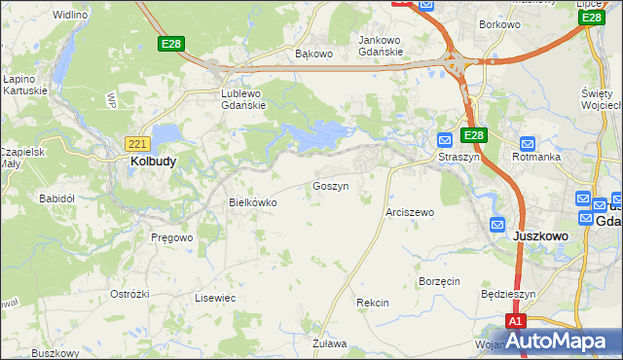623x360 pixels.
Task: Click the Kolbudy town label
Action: click(x=153, y=162)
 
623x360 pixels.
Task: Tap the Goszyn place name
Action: click(x=330, y=185)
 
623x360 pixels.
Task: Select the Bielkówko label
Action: click(x=253, y=202)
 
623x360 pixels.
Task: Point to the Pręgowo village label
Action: click(x=171, y=236)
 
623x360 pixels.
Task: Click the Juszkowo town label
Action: click(x=540, y=235)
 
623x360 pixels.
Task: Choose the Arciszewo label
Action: click(x=410, y=211)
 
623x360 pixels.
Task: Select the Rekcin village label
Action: click(x=373, y=303)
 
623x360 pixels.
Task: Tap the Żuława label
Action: click(x=330, y=343)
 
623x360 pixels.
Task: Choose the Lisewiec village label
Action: click(x=215, y=298)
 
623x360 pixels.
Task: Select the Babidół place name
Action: click(x=56, y=198)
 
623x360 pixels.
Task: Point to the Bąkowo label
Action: click(x=313, y=54)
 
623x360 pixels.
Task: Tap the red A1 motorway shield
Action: click(x=516, y=321)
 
